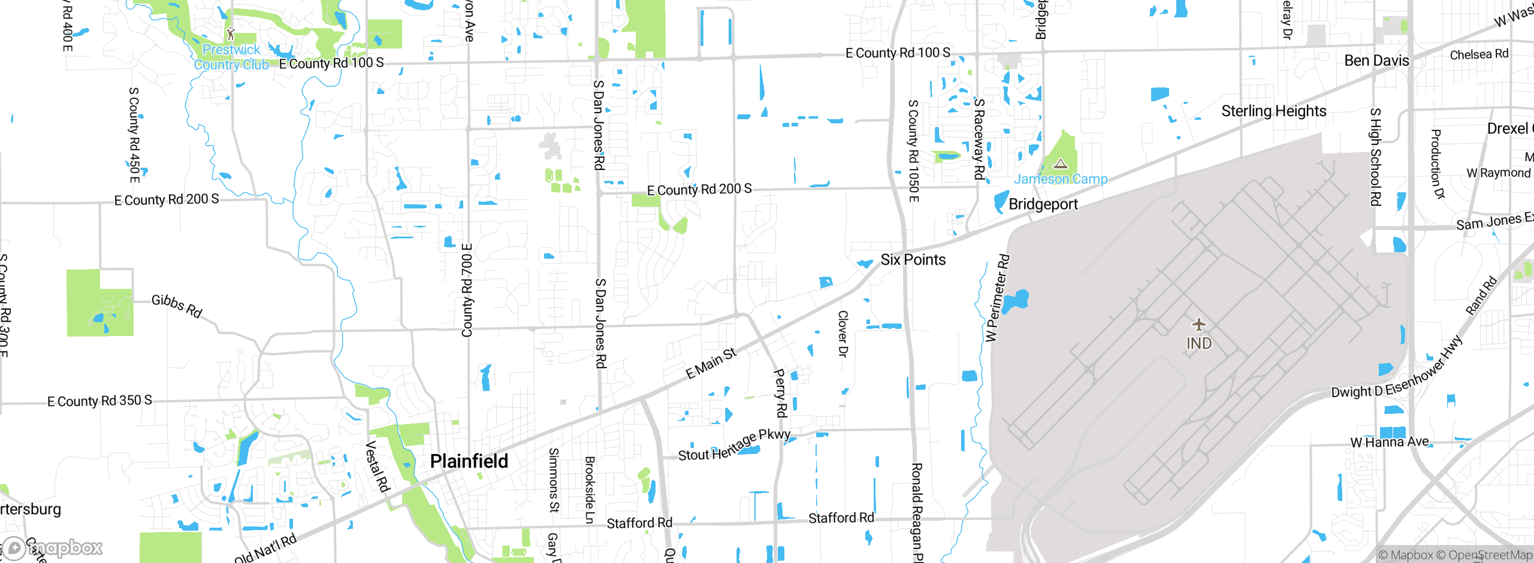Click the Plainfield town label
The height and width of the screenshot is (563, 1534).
(469, 461)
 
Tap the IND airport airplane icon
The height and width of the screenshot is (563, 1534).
(1198, 325)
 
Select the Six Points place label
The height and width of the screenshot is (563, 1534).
(913, 260)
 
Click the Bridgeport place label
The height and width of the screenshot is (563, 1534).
(1043, 204)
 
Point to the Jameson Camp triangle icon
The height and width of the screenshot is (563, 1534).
(1061, 164)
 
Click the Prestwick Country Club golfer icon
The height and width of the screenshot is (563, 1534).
(231, 34)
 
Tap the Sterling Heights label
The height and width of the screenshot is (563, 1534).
(1274, 111)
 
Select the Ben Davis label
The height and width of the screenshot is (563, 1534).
(1376, 61)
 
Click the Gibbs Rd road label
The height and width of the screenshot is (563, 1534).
(177, 306)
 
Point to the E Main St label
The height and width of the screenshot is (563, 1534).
(711, 364)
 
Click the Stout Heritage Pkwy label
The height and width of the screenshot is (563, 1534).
(734, 446)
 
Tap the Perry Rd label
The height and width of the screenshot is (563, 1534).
(780, 393)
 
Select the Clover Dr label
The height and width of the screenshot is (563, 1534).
(843, 334)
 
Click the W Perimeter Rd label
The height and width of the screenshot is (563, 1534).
(997, 298)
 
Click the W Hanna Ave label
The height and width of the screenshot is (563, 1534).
(1389, 443)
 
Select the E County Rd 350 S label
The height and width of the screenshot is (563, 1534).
(99, 401)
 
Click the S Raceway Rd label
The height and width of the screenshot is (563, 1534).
(979, 139)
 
